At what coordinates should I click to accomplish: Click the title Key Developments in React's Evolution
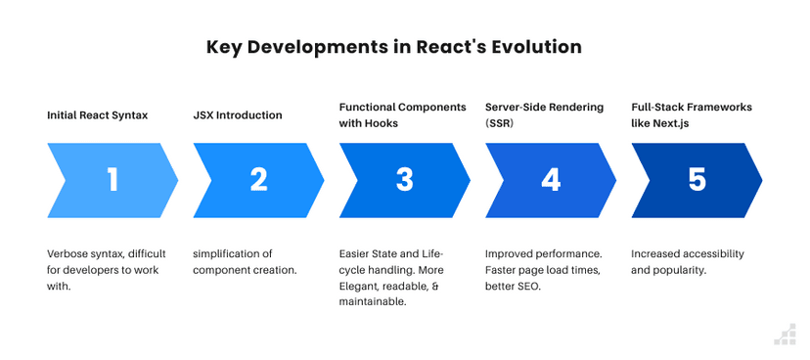click(x=394, y=47)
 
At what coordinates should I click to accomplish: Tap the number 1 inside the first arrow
click(x=112, y=179)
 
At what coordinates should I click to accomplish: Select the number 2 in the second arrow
click(x=258, y=179)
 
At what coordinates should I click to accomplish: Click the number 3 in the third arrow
click(x=405, y=179)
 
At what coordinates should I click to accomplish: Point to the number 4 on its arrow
click(x=551, y=179)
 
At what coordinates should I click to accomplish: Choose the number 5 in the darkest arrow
click(x=697, y=179)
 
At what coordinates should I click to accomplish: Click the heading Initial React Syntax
click(x=98, y=115)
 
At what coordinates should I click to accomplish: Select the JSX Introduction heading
click(x=238, y=115)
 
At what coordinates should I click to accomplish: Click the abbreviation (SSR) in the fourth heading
click(x=501, y=124)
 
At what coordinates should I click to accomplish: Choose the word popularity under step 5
click(x=682, y=270)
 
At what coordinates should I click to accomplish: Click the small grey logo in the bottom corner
click(x=785, y=335)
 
